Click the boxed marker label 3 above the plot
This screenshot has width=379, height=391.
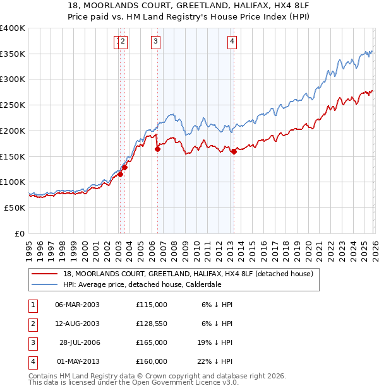pos(155,42)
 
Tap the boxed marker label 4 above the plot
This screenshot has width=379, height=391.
pos(232,42)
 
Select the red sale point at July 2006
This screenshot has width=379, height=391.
pos(157,149)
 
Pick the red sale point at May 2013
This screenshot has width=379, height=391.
pos(234,151)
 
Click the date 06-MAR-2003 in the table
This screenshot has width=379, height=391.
pos(78,304)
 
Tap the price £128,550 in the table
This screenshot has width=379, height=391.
pos(152,324)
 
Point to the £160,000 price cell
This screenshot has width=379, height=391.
pos(152,361)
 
